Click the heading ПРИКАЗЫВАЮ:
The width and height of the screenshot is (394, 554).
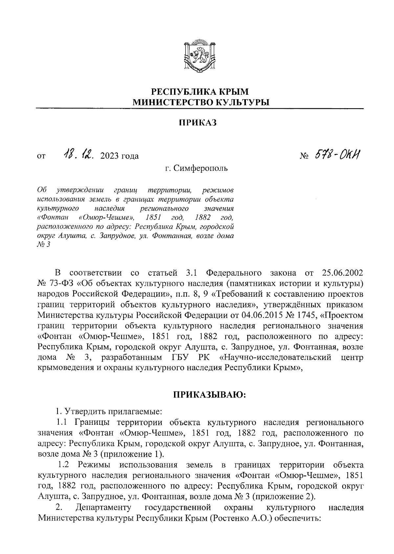[210, 395]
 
